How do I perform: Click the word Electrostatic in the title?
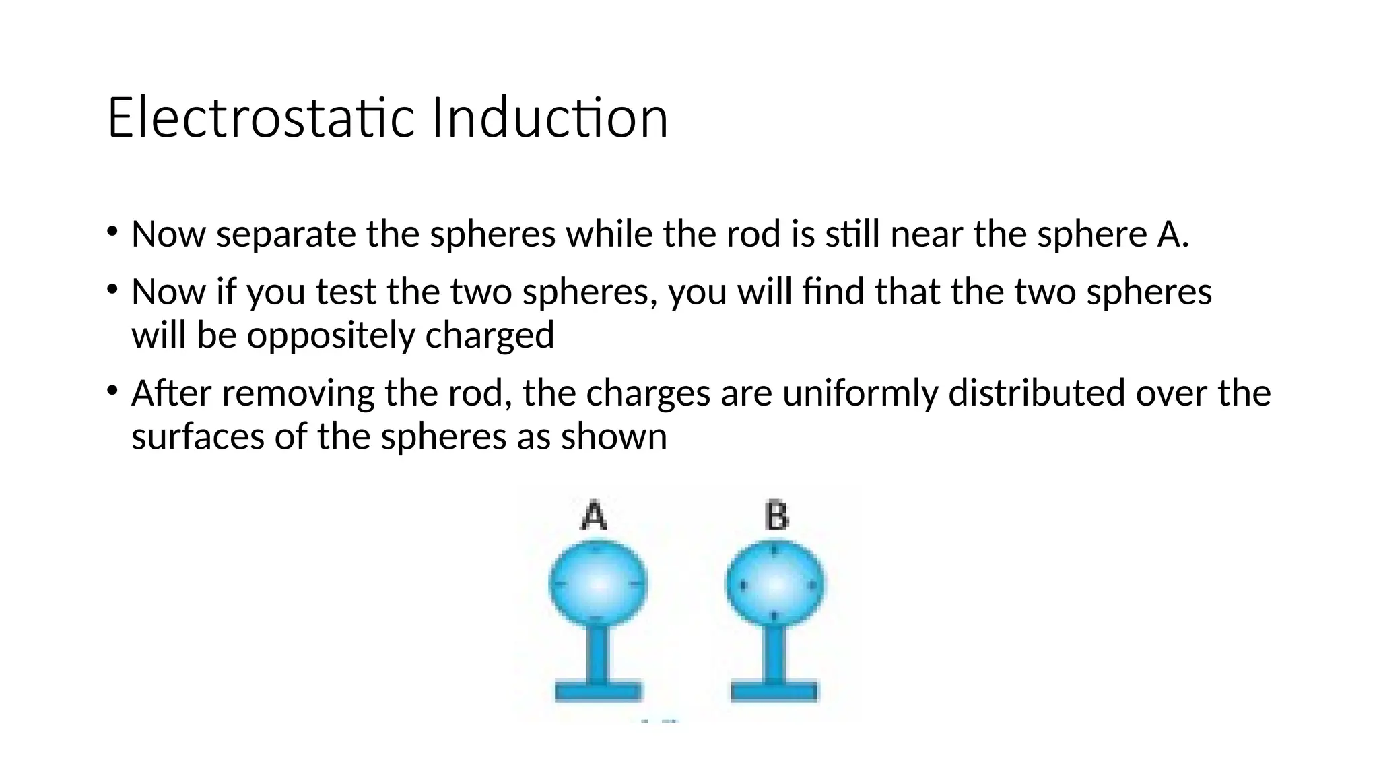tap(261, 118)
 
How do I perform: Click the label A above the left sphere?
tap(594, 516)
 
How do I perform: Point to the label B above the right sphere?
tap(776, 516)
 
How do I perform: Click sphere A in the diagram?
tap(598, 583)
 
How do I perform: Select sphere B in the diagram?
tap(775, 583)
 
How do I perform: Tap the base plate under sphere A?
tap(597, 692)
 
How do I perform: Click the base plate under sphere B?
tap(774, 692)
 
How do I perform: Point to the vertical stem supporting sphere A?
tap(597, 653)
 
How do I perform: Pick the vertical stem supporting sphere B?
tap(774, 653)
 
